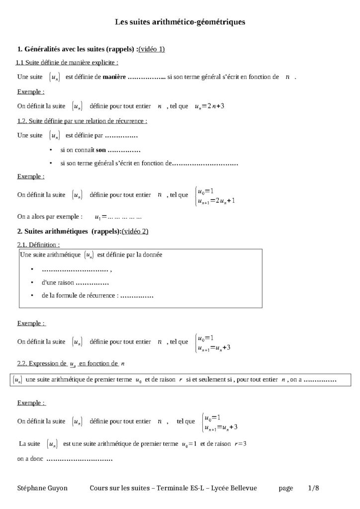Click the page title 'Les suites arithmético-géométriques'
(180, 22)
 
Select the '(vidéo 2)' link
(135, 231)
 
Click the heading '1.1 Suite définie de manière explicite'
(67, 63)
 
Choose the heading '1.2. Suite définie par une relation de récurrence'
(82, 121)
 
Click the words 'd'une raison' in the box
(58, 282)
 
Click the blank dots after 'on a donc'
(80, 459)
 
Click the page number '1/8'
(313, 488)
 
